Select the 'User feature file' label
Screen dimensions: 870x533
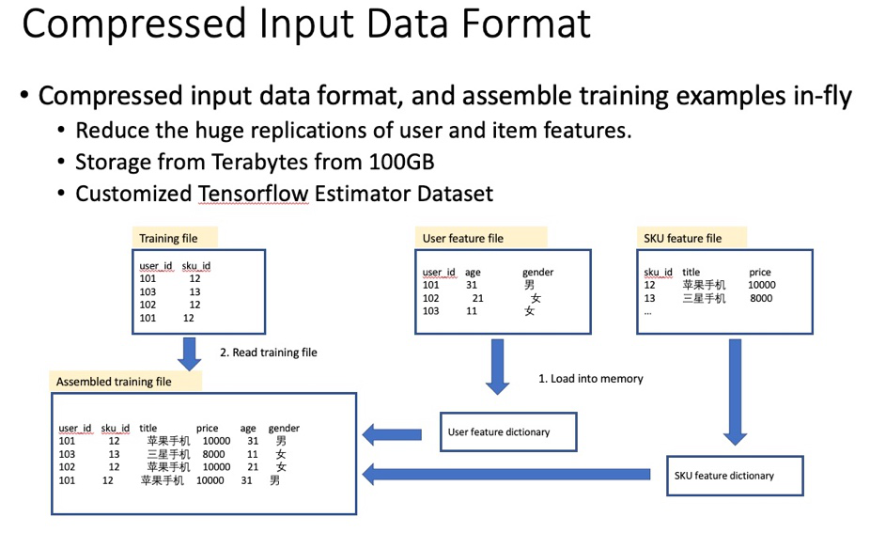tap(463, 239)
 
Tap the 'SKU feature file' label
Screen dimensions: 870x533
tap(682, 239)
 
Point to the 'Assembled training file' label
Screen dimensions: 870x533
tap(114, 382)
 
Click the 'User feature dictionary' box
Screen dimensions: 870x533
tap(507, 432)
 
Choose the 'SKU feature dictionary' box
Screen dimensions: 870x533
tap(735, 476)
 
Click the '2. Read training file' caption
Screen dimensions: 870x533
tap(269, 353)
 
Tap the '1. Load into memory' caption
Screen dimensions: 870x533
tap(590, 378)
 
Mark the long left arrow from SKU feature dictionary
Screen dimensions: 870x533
tap(507, 476)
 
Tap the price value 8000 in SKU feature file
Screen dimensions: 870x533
tap(761, 298)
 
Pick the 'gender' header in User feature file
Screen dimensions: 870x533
tap(537, 273)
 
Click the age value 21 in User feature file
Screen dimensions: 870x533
tap(478, 298)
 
